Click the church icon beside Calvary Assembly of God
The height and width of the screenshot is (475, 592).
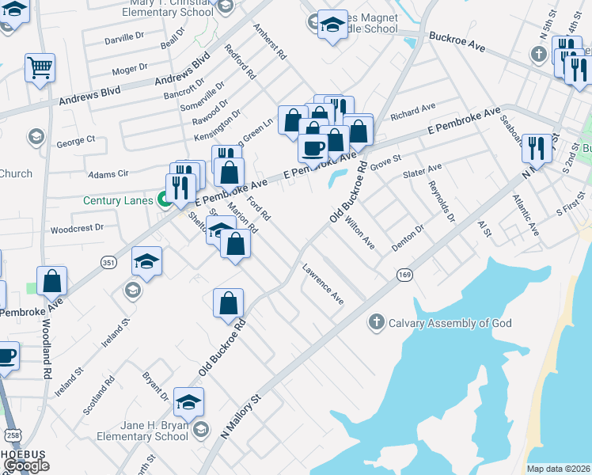[x=376, y=322]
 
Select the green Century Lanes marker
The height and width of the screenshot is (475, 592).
[x=165, y=200]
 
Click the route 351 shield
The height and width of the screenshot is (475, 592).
[x=108, y=261]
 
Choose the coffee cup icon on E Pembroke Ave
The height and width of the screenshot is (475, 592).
[x=313, y=147]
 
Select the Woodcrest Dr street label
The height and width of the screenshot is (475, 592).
[x=77, y=228]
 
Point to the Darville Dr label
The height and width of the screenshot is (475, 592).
[x=126, y=39]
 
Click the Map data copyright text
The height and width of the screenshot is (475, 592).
[x=558, y=469]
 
